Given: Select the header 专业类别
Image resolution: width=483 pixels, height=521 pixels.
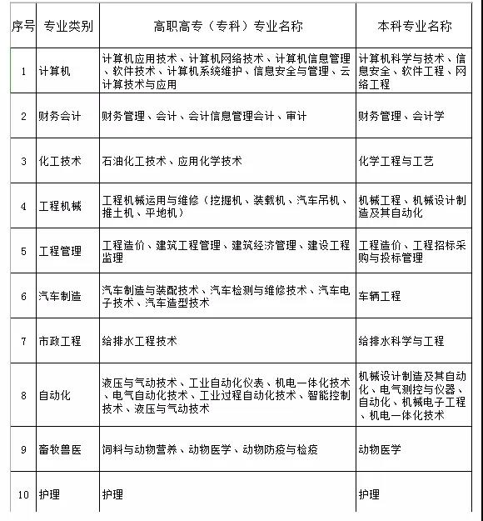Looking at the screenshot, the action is click(66, 27).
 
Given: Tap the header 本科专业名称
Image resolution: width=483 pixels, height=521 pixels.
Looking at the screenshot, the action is click(414, 26).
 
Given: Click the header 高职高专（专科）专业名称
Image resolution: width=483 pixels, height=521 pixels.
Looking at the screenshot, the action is click(227, 26).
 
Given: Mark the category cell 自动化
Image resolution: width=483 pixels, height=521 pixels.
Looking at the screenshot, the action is click(55, 394).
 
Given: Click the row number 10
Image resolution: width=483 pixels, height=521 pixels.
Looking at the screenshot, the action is click(23, 494).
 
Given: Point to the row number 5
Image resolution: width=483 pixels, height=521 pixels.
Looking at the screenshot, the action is click(23, 251).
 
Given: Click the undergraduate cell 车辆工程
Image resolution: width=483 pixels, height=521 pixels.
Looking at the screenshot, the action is click(380, 296).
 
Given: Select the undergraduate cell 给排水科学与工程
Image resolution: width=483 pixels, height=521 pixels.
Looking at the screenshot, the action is click(401, 341).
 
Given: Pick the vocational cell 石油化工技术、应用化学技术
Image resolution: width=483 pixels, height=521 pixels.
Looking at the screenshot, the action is click(172, 161).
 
